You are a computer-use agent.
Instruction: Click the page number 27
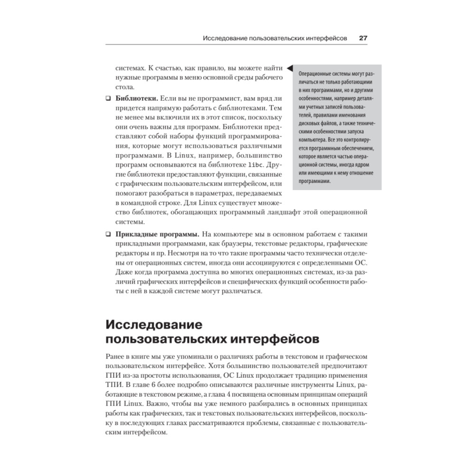(x=362, y=38)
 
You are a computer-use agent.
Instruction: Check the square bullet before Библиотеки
(x=107, y=99)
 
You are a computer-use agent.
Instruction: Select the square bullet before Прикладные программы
(x=107, y=234)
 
